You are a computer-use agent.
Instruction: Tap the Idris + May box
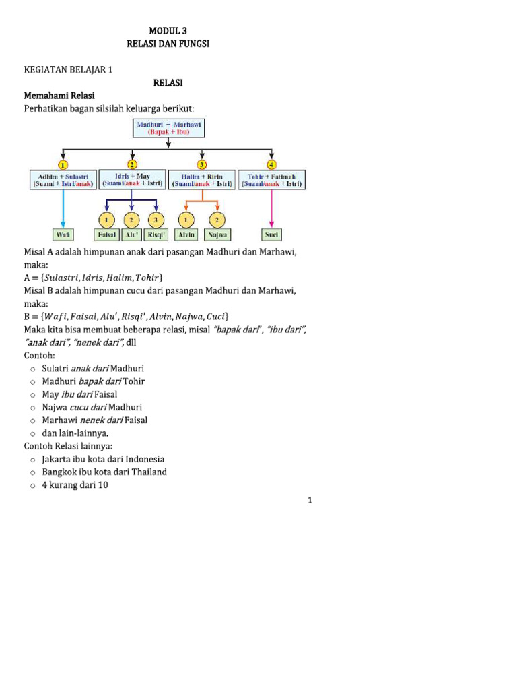(132, 179)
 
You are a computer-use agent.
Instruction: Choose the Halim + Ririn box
(202, 179)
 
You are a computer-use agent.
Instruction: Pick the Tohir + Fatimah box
(272, 179)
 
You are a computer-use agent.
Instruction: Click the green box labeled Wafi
(63, 235)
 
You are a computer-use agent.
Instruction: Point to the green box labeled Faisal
(106, 235)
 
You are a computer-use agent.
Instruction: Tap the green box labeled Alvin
(186, 235)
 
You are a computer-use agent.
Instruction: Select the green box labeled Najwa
(217, 235)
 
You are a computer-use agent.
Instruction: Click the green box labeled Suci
(272, 235)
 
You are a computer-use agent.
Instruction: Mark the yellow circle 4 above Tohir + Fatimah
(272, 164)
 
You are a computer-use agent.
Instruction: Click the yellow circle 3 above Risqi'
(157, 219)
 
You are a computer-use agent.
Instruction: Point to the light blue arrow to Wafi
(63, 209)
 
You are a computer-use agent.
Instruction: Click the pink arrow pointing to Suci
(272, 209)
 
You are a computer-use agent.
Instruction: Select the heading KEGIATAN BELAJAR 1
(69, 69)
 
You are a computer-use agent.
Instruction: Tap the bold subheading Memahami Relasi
(59, 95)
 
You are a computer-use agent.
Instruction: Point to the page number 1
(310, 500)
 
